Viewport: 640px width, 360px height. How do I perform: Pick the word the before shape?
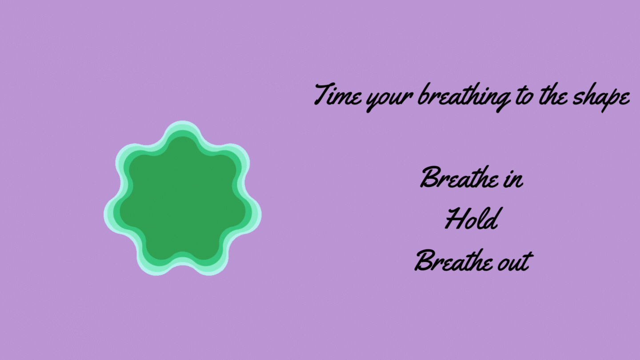551,95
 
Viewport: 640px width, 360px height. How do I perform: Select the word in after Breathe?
512,179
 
